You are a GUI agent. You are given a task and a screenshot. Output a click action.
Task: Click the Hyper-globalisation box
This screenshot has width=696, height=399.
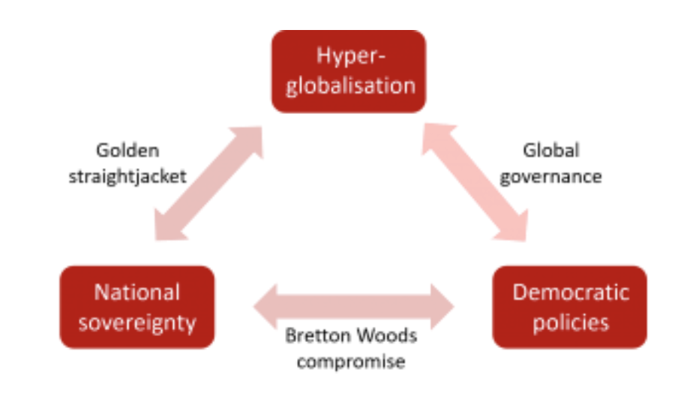349,70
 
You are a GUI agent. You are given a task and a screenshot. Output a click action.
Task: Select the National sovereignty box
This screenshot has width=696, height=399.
137,307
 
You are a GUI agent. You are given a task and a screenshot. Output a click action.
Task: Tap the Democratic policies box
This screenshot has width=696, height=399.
569,307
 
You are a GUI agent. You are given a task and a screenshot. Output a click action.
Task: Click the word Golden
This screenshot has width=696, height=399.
127,150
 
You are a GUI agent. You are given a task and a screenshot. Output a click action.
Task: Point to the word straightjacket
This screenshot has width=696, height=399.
127,177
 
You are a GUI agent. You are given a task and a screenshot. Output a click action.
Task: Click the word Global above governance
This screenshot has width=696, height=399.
550,150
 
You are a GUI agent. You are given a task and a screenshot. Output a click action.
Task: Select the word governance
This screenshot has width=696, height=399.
550,177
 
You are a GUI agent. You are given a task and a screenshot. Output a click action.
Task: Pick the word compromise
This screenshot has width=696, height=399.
350,361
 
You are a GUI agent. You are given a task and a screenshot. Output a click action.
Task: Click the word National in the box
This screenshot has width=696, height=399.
137,292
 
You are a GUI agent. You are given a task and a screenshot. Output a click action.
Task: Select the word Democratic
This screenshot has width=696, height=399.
570,292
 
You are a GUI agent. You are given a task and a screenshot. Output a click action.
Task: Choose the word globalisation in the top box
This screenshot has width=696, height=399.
349,85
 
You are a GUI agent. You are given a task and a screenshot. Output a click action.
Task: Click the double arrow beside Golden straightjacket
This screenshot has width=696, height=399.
208,184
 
